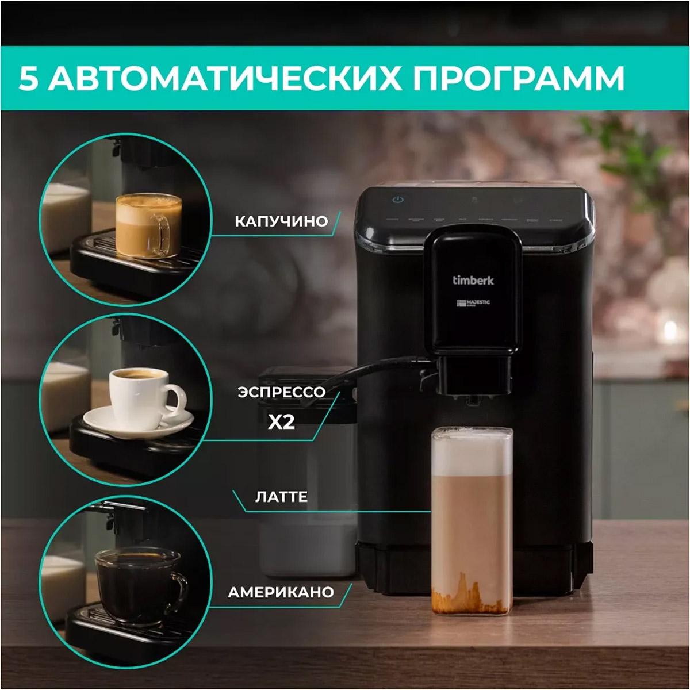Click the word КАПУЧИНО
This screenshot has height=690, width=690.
(x=281, y=221)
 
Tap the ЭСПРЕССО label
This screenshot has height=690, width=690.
(x=282, y=392)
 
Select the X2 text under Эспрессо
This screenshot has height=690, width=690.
(x=282, y=423)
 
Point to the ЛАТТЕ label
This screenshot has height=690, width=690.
(x=282, y=497)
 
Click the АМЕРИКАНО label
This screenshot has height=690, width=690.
(x=281, y=592)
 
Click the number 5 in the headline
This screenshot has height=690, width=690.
(x=29, y=79)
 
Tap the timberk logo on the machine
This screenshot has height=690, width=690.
(x=473, y=281)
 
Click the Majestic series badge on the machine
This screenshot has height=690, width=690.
(x=473, y=303)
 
